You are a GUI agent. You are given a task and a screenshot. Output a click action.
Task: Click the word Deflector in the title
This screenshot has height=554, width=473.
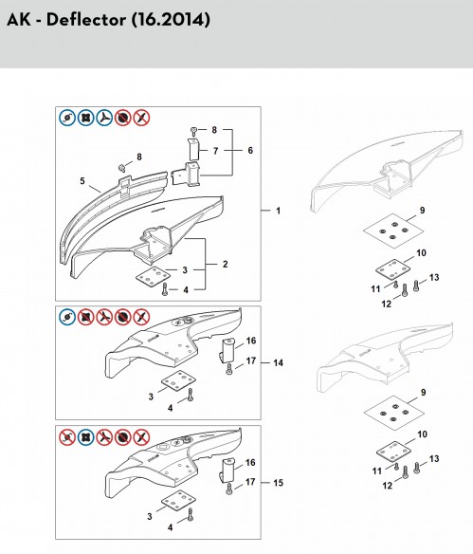tap(85, 19)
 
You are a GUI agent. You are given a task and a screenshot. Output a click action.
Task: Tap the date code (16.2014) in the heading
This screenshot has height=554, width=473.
tap(171, 20)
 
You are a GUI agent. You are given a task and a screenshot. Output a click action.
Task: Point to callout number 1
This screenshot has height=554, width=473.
tap(278, 211)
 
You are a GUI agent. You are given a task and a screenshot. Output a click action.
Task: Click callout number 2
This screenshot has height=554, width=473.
tap(226, 264)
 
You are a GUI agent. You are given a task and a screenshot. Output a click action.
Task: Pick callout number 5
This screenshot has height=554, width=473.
tap(82, 181)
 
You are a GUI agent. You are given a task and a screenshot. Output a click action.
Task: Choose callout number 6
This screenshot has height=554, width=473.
tap(250, 151)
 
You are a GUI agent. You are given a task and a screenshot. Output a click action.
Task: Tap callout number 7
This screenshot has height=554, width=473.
tap(215, 151)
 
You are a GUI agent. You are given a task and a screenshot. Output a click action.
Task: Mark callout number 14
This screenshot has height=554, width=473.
tap(278, 363)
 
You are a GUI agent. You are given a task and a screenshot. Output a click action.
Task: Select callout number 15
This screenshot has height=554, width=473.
tap(278, 483)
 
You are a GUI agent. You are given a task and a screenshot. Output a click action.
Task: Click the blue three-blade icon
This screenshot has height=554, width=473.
tap(104, 118)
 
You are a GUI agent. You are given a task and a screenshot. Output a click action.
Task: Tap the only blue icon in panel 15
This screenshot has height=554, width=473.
tap(85, 437)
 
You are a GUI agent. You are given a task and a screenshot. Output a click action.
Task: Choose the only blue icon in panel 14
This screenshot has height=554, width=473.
tap(67, 317)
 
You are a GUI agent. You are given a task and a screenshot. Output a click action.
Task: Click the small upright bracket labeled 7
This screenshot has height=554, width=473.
tap(193, 150)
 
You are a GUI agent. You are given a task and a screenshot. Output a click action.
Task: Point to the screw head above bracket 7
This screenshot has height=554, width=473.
tap(193, 132)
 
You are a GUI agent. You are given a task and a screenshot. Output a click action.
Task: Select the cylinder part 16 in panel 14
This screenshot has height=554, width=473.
tap(227, 350)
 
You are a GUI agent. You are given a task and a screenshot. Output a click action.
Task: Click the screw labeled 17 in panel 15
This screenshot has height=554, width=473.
tap(229, 489)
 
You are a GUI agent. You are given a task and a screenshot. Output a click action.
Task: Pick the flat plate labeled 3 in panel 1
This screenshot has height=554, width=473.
tap(152, 277)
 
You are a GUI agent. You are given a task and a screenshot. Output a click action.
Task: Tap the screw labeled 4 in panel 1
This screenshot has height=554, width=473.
tap(165, 289)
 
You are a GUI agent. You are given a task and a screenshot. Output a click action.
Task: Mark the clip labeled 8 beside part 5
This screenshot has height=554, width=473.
tap(121, 167)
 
